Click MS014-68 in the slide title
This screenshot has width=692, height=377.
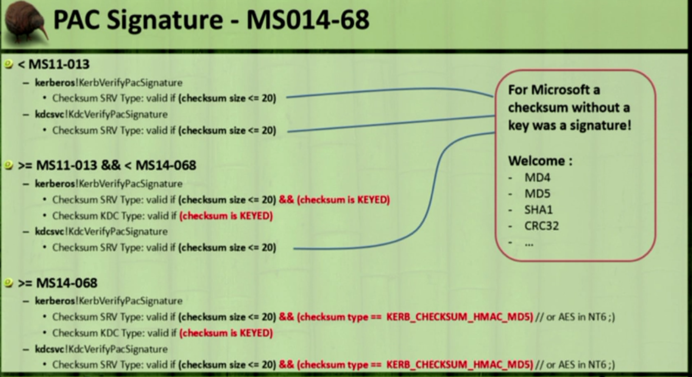[x=308, y=20]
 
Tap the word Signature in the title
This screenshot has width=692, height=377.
[x=165, y=20]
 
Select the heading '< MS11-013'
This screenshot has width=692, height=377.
[x=54, y=65]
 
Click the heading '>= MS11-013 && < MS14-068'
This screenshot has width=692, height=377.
[x=107, y=165]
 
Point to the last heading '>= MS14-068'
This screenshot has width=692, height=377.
[x=58, y=283]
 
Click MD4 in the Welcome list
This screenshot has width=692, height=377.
[x=537, y=177]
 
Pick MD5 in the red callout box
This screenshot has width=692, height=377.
[x=537, y=194]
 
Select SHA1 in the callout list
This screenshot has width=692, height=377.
[x=539, y=210]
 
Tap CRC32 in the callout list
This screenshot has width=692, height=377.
[x=541, y=226]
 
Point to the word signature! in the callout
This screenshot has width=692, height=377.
[x=600, y=126]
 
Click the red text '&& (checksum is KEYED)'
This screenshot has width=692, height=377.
[x=334, y=200]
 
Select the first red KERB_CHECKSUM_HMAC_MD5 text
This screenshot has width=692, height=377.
[x=460, y=317]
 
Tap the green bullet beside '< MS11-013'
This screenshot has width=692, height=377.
[x=8, y=64]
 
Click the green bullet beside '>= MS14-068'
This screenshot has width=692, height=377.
[x=8, y=282]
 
